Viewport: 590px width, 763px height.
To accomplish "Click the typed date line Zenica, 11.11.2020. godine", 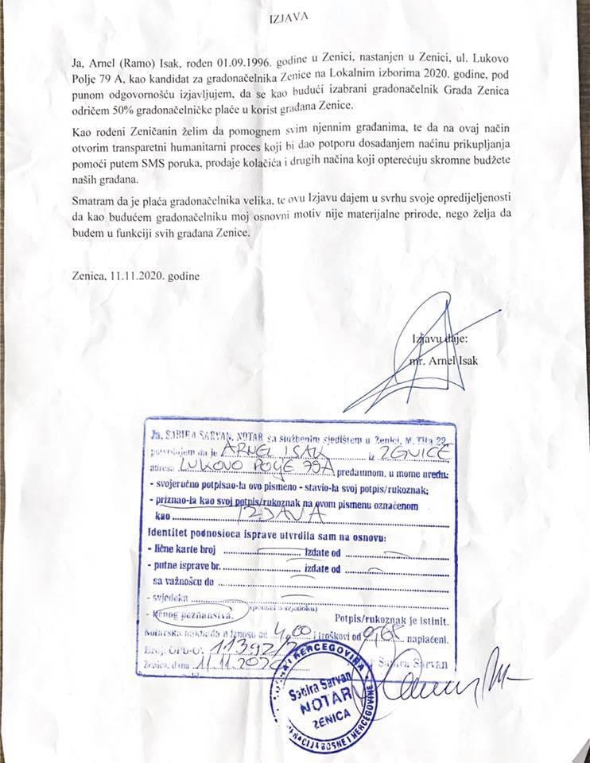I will [135, 276].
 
